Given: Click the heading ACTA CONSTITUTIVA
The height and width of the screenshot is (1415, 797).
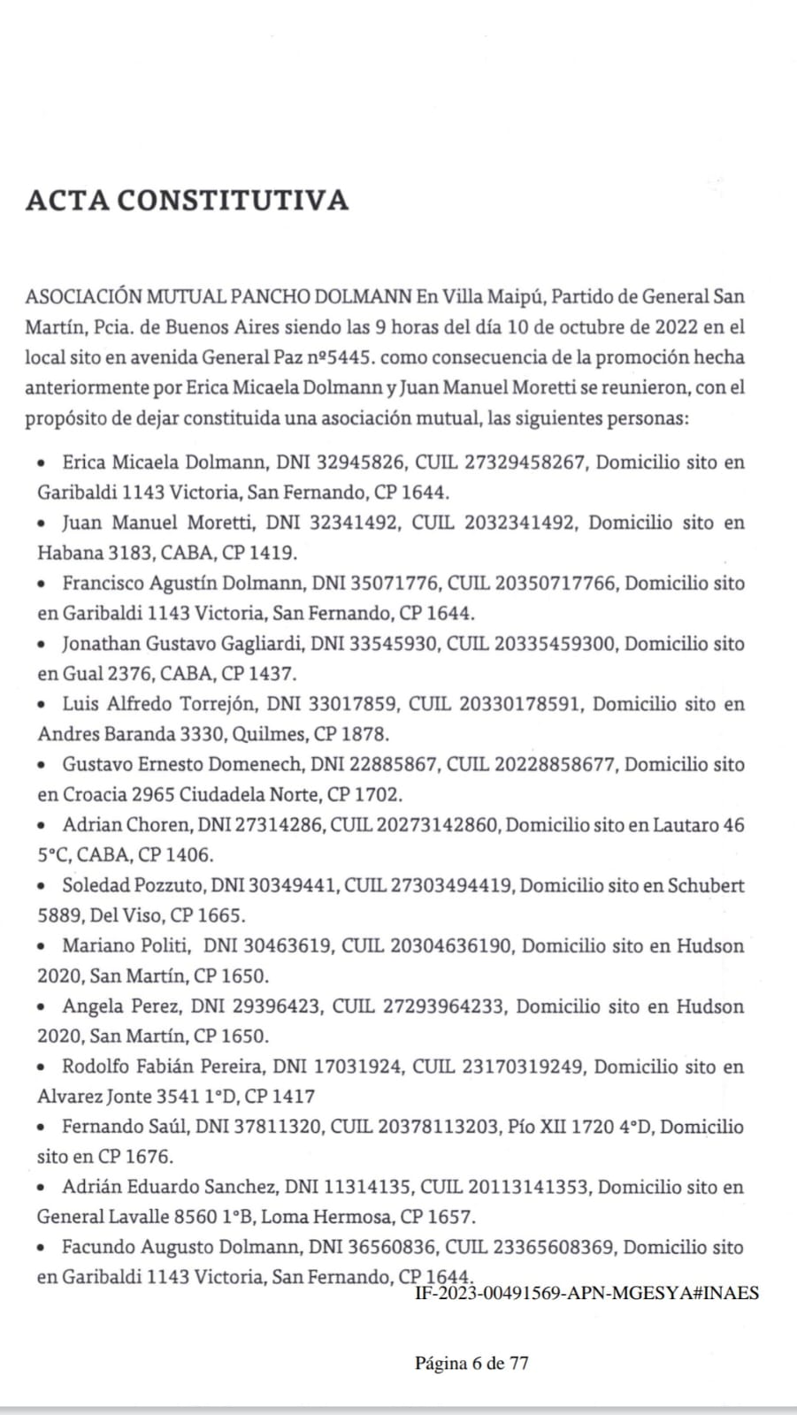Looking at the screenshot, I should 187,200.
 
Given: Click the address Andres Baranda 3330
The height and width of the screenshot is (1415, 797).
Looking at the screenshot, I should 131,734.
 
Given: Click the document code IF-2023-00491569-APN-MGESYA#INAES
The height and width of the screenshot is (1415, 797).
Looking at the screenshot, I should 586,1293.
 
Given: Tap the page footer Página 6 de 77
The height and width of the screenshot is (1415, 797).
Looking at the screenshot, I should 471,1363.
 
